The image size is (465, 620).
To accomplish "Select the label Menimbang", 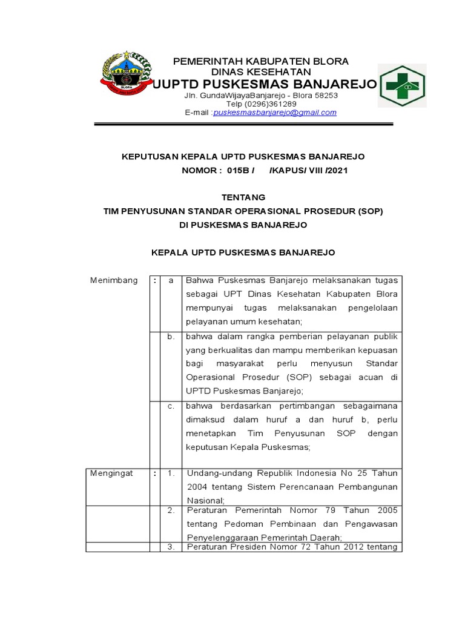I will tap(114, 280).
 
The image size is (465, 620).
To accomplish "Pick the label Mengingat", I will tap(112, 473).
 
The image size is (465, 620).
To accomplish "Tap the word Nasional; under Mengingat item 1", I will tap(206, 500).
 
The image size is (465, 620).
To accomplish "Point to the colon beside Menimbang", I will tap(156, 280).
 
